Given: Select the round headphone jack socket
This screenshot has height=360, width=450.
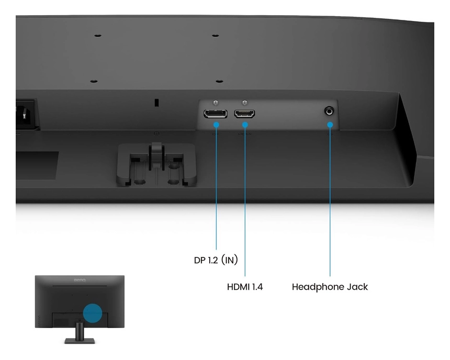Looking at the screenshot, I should [x=330, y=111].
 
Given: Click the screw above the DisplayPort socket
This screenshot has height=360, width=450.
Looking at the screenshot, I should [x=216, y=103].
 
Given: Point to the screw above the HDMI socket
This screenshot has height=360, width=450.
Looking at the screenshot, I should [x=244, y=103].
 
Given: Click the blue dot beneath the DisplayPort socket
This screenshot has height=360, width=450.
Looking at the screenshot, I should [x=217, y=125].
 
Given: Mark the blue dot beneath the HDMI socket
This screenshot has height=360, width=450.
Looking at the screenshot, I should [x=244, y=125].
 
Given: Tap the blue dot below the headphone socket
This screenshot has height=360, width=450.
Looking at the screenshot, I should [x=330, y=125].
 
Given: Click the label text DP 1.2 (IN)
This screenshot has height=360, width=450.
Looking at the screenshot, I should [x=215, y=260].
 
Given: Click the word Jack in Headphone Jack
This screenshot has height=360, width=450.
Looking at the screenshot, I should [x=357, y=287].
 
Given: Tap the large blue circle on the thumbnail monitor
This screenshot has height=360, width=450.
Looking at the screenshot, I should [x=93, y=313].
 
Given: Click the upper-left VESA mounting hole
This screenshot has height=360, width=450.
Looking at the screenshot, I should [x=98, y=36].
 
